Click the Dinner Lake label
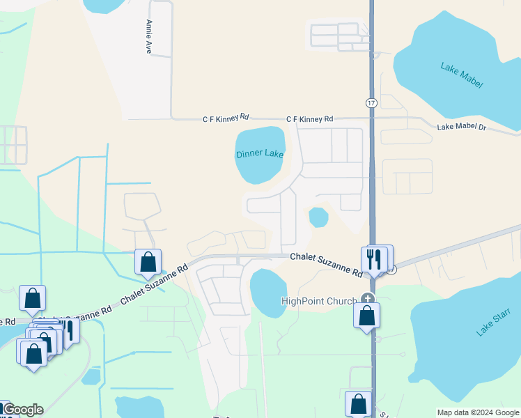259,154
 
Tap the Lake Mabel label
461,75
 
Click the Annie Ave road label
148,37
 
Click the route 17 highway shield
371,102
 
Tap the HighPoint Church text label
318,301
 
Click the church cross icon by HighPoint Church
367,300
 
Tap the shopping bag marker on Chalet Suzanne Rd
148,262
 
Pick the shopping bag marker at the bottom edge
358,403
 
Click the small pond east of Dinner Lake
318,217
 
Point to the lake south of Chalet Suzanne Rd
268,293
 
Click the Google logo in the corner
22,410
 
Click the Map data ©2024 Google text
479,412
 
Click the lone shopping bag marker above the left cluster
32,298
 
